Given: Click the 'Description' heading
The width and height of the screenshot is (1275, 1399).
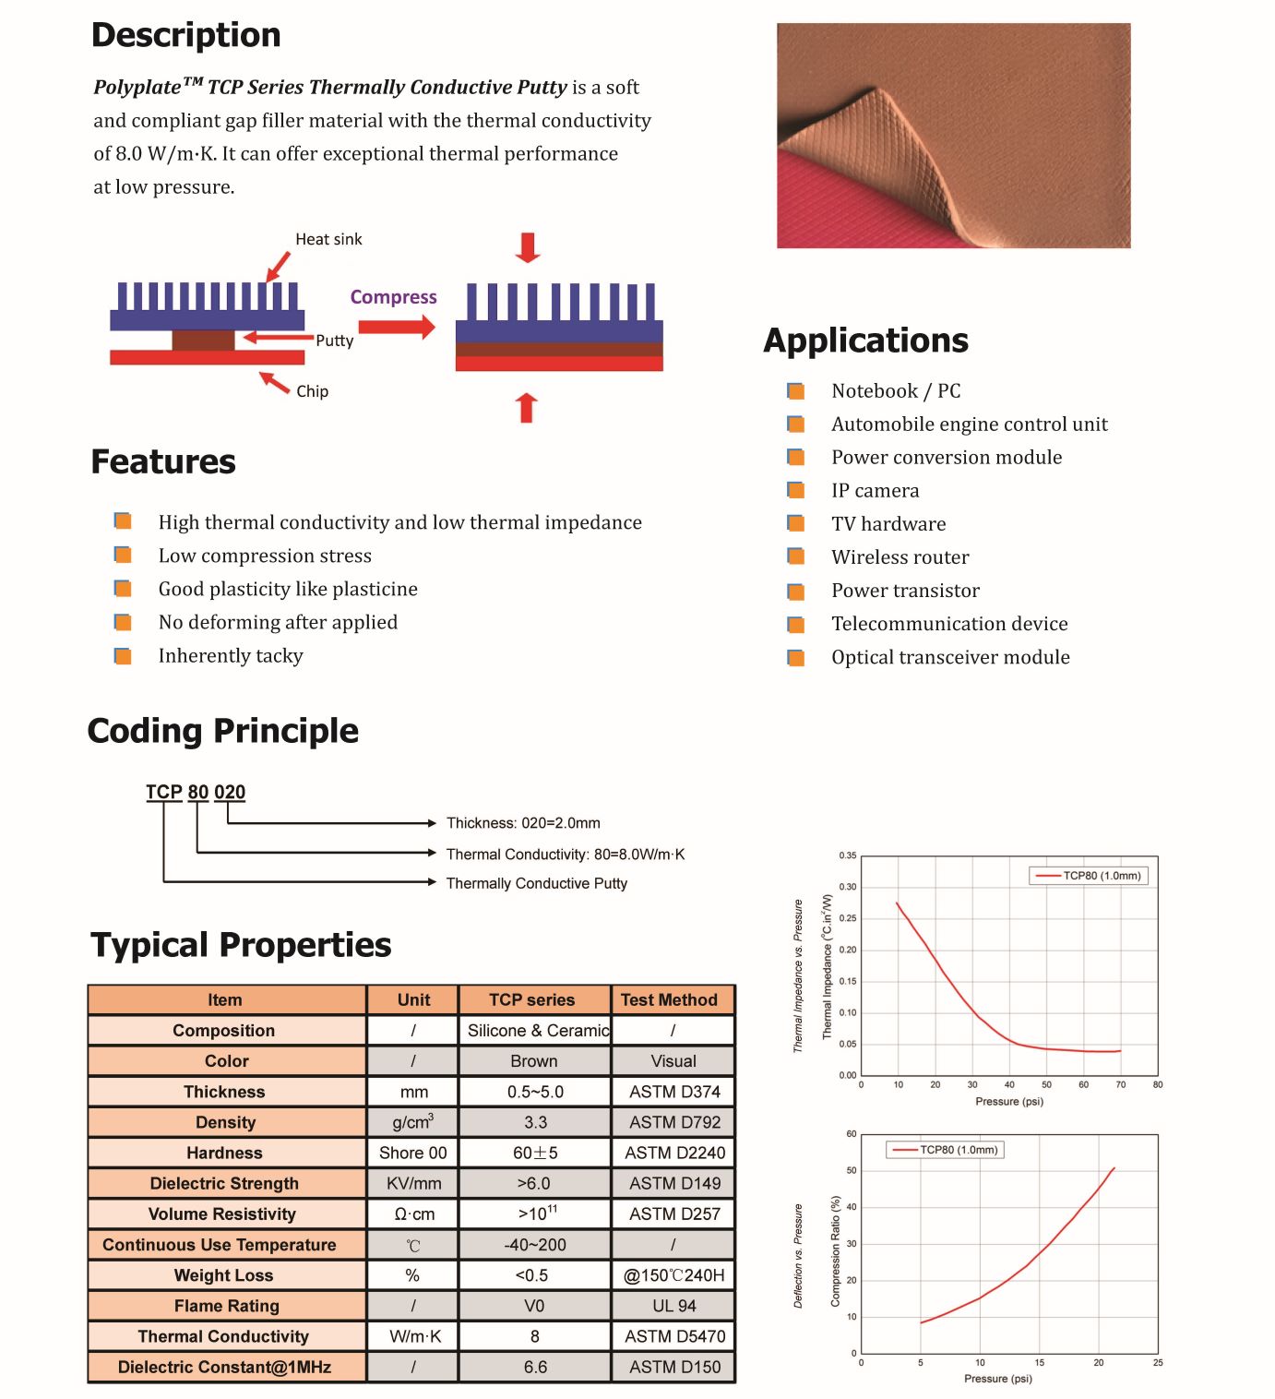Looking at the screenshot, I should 185,35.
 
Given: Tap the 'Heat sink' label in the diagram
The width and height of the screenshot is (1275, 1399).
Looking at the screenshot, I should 328,239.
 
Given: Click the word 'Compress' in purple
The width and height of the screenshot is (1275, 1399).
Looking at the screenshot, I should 393,297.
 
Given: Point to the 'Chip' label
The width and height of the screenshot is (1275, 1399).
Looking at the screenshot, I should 312,391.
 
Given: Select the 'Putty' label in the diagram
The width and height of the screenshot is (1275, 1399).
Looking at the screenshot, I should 334,341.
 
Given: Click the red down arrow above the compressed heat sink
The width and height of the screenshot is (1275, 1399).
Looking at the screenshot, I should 528,247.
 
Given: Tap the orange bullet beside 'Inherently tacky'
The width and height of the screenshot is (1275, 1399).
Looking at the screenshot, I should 123,656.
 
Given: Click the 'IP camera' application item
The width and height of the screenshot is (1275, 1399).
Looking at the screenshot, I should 875,491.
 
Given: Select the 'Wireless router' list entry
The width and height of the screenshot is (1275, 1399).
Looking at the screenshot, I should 900,557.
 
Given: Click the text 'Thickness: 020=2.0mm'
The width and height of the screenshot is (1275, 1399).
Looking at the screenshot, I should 523,823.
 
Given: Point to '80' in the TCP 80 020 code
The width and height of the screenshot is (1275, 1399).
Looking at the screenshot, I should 198,792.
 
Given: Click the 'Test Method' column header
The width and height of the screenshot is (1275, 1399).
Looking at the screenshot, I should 669,999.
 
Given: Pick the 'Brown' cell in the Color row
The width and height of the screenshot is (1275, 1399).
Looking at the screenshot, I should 534,1061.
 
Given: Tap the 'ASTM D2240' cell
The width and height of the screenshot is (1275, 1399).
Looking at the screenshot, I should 674,1153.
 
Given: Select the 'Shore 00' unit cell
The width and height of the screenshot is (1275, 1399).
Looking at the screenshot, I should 412,1153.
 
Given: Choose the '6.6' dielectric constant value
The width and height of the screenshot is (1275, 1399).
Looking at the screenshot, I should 535,1367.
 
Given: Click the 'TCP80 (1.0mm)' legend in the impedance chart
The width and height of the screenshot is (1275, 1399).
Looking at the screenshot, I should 1090,876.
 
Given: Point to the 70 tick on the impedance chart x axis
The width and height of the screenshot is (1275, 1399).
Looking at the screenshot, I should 1120,1085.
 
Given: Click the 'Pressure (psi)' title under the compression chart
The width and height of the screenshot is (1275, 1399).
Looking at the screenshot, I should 997,1379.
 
